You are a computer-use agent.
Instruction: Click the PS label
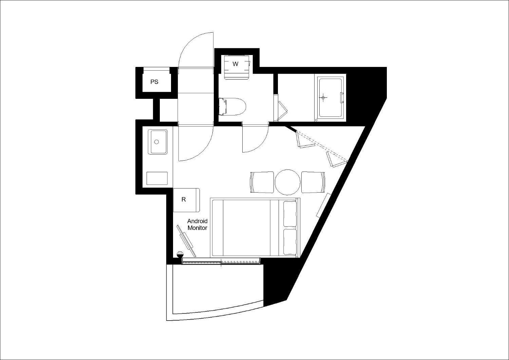click(x=154, y=82)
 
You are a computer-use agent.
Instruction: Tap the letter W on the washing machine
click(x=235, y=64)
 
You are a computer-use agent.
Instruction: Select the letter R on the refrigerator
click(x=184, y=199)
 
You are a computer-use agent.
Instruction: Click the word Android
click(x=197, y=221)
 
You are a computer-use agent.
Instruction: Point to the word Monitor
click(x=197, y=228)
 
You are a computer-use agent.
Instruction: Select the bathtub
click(x=331, y=98)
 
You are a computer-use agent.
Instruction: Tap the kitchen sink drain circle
click(x=156, y=142)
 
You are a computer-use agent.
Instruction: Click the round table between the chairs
click(x=287, y=182)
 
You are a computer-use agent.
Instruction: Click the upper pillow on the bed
click(x=290, y=214)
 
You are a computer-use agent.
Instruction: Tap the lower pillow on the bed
click(x=290, y=242)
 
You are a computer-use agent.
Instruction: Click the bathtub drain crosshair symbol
click(x=323, y=97)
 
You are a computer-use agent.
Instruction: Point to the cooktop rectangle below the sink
click(x=157, y=178)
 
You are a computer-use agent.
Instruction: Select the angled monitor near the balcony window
click(x=187, y=241)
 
